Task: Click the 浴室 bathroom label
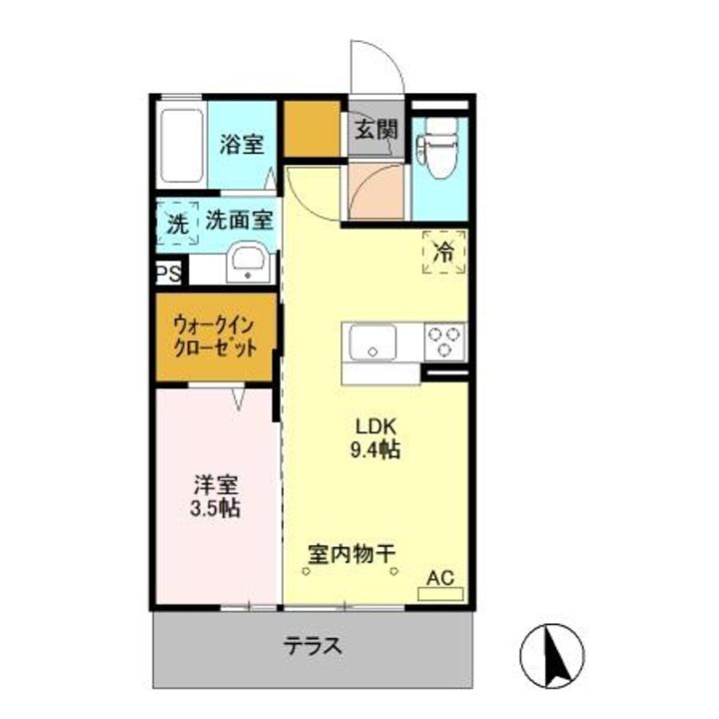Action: (242, 144)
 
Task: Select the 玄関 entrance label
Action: (375, 130)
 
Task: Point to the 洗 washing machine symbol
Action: (177, 224)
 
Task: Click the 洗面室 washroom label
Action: (240, 222)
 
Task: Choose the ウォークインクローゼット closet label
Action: (216, 338)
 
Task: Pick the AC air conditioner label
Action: (440, 577)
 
